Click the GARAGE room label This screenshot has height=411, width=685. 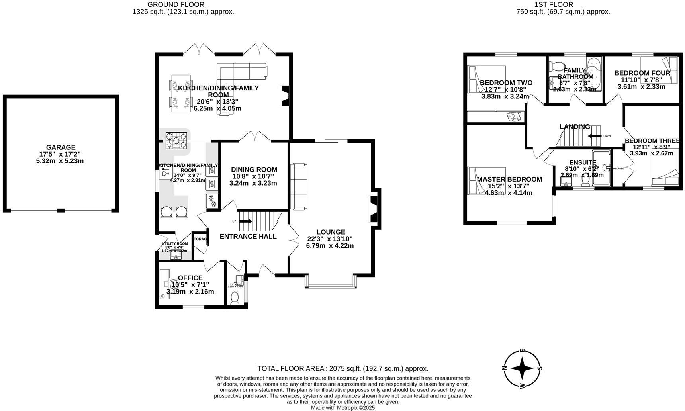[x=60, y=147]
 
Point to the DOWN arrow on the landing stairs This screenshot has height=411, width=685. [x=595, y=136]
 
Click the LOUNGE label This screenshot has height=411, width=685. [x=331, y=232]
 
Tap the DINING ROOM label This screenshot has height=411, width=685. [x=254, y=170]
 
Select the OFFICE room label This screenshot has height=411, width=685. [x=190, y=278]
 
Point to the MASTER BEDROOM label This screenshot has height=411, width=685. [x=509, y=179]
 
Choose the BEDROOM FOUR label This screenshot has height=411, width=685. [x=642, y=73]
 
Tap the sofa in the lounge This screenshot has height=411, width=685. [x=299, y=186]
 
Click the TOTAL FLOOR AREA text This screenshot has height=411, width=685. [x=342, y=369]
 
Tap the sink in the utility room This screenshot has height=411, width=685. [x=176, y=256]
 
